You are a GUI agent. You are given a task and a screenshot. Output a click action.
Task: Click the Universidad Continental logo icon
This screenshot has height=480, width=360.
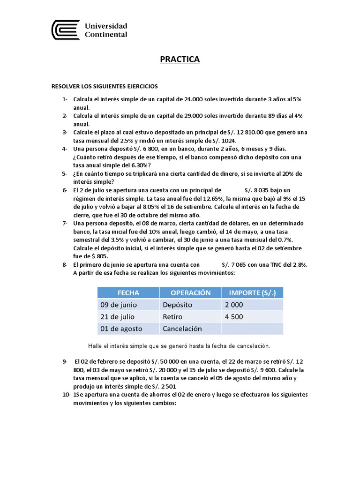tap(66, 30)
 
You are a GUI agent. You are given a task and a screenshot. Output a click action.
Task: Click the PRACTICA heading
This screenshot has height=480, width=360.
tap(180, 59)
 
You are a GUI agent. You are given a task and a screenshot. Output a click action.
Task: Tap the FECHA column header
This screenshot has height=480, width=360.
tap(128, 292)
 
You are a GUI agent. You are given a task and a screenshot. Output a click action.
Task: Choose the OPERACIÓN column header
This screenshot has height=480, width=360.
tap(190, 292)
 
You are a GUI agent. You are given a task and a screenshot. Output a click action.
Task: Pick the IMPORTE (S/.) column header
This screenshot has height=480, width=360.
tap(252, 292)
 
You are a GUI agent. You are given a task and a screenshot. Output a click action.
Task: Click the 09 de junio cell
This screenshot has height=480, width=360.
tap(119, 305)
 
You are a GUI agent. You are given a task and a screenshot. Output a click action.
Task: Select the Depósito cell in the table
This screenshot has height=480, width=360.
tap(177, 305)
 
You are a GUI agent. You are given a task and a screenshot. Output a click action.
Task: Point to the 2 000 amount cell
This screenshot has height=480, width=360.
tap(234, 305)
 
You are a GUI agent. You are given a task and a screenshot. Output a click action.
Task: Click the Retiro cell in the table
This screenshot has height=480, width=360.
tap(172, 317)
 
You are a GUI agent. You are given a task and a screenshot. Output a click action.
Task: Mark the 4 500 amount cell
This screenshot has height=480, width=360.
tap(234, 317)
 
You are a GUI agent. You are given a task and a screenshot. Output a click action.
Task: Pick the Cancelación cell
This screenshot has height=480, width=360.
tap(182, 329)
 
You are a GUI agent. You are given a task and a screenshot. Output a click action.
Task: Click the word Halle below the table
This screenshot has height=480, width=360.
tap(96, 345)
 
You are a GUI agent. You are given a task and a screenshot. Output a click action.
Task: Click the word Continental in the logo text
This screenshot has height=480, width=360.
tap(106, 34)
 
